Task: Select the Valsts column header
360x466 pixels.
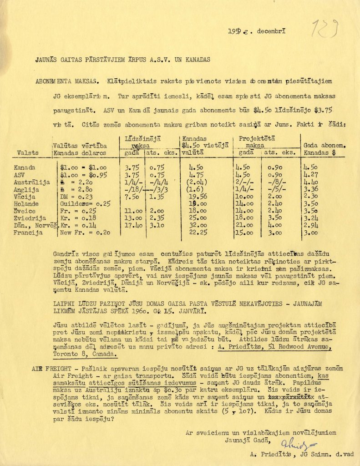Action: pos(28,153)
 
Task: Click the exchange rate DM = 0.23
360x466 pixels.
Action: pos(76,197)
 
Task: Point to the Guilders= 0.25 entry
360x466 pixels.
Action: pos(86,204)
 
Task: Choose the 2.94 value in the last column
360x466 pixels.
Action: pos(310,225)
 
